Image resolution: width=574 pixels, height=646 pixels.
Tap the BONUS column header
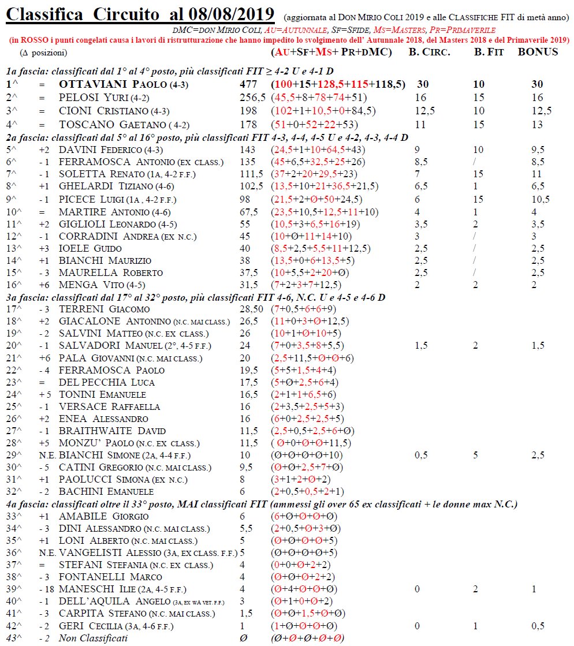pos(538,52)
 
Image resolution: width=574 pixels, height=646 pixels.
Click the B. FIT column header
pos(487,52)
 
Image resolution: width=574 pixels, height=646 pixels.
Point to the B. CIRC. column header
pos(429,52)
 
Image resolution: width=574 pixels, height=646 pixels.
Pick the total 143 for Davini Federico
pos(248,150)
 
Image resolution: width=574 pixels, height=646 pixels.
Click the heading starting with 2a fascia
pos(207,137)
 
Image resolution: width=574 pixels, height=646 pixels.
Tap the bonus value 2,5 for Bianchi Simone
pos(538,455)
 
